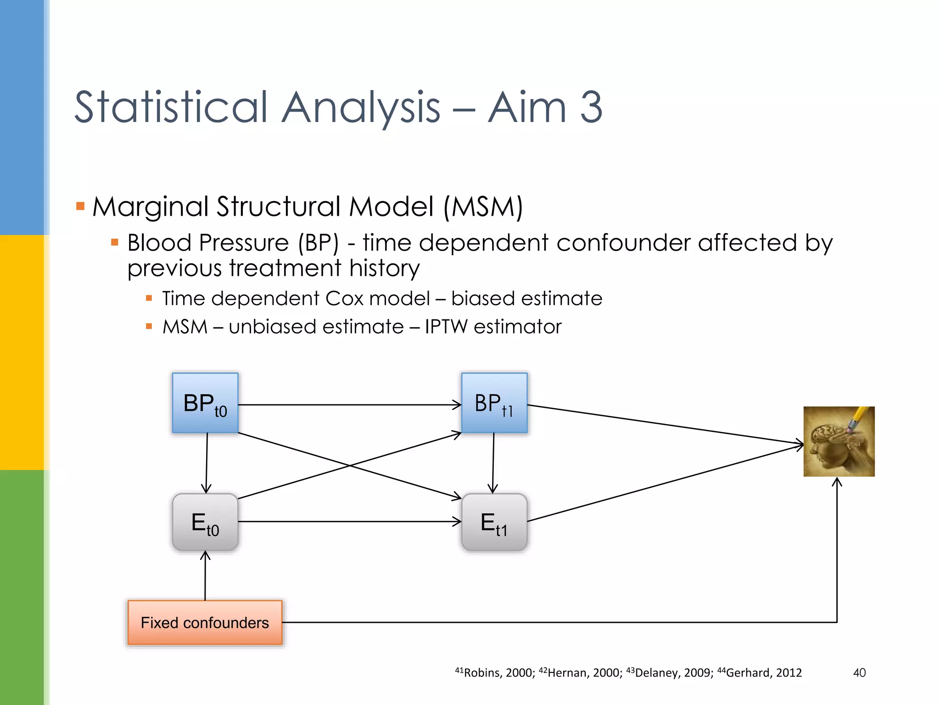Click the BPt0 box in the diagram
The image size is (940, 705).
click(205, 403)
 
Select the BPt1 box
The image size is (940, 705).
click(494, 403)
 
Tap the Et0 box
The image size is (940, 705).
click(205, 522)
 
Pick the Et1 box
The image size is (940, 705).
click(494, 522)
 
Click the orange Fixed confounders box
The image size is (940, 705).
click(205, 622)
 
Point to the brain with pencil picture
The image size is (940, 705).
click(839, 441)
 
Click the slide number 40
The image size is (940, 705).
click(859, 673)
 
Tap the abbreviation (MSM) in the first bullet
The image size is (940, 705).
click(483, 207)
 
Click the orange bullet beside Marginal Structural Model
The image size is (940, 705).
click(80, 206)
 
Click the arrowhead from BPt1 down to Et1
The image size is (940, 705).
click(493, 490)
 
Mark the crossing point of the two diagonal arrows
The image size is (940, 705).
click(350, 465)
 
